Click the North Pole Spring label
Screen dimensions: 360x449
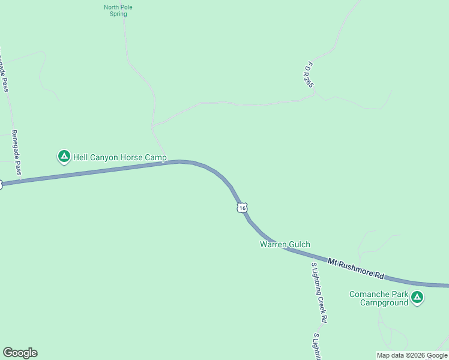point(118,10)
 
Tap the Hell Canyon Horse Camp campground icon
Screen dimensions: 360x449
point(64,157)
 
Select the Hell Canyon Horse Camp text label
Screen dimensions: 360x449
point(119,158)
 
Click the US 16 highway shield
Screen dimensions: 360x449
point(241,208)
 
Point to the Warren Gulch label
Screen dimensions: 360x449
point(285,244)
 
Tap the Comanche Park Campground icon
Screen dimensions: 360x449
point(417,297)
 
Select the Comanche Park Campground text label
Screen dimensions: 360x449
point(379,298)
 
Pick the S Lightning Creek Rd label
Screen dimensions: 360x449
point(319,290)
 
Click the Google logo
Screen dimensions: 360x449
point(20,353)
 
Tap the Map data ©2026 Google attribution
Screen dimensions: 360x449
point(412,355)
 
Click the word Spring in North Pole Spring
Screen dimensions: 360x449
point(118,14)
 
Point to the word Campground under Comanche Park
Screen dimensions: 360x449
point(384,302)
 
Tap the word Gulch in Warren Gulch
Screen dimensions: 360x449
point(299,244)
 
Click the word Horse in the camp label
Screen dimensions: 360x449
point(133,158)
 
